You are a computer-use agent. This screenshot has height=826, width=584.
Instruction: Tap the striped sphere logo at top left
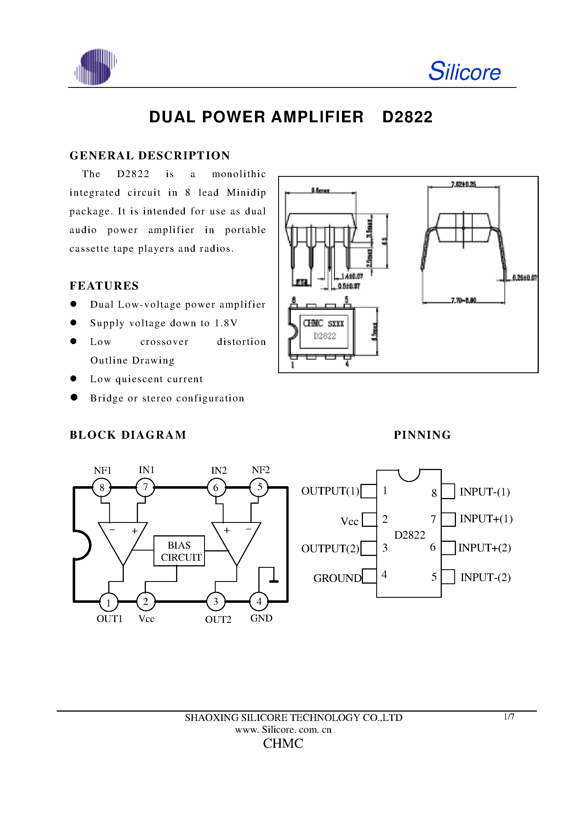point(96,67)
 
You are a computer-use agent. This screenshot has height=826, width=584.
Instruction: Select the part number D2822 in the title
point(407,117)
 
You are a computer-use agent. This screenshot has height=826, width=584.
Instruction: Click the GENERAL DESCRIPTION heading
point(150,155)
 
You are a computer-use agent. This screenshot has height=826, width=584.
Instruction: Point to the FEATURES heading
point(104,286)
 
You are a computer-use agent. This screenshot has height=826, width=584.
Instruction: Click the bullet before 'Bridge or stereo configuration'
point(74,397)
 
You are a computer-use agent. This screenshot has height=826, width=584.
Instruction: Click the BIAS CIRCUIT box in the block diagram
point(179,551)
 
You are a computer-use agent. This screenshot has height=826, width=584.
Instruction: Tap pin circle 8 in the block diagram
point(102,488)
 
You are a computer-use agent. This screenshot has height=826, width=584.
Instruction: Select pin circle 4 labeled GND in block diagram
point(259,601)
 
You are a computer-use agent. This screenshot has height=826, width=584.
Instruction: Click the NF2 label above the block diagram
point(261,470)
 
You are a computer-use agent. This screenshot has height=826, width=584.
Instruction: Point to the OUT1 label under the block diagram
point(109,619)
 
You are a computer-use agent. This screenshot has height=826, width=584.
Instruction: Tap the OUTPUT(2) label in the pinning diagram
point(330,549)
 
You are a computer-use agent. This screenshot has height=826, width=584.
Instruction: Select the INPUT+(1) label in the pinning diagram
point(486,519)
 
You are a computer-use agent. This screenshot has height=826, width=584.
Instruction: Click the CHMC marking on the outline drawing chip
point(313,323)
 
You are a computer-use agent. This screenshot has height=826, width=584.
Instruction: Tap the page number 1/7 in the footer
point(509,717)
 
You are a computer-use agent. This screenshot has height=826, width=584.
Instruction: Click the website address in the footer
point(283,729)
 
